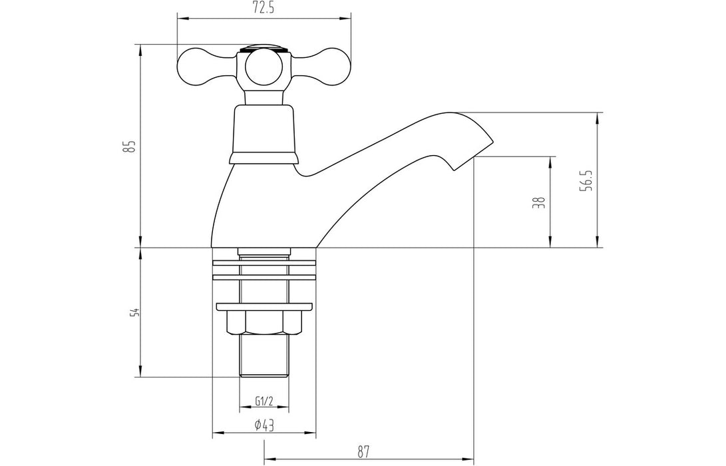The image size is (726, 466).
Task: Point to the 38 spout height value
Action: coord(540,202)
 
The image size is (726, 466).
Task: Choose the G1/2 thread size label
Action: coord(264,401)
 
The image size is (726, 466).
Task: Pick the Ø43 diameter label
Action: coord(264,426)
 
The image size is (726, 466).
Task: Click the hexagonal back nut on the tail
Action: coord(264,324)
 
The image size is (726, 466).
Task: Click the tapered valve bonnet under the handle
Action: coord(264,130)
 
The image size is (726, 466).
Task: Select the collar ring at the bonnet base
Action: coord(264,157)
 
